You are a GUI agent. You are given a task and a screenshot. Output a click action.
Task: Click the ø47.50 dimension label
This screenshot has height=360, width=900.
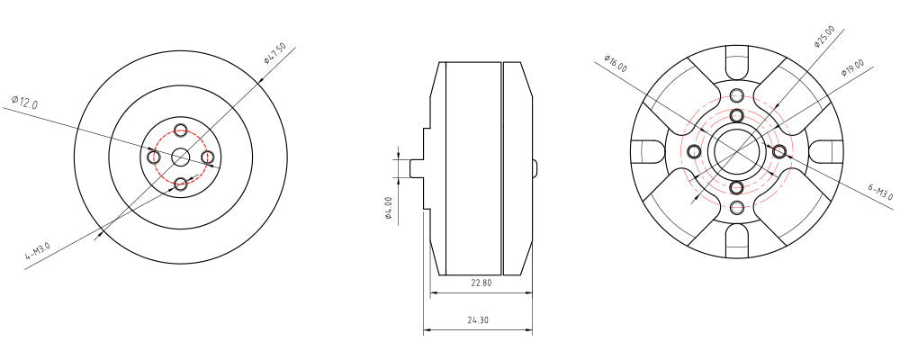(274, 53)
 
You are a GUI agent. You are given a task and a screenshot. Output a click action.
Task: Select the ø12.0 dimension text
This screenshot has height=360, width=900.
(24, 103)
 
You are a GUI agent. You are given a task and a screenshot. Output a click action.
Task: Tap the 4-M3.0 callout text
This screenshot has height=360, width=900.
(37, 251)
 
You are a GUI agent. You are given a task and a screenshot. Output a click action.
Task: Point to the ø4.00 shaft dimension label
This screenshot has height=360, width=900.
(389, 209)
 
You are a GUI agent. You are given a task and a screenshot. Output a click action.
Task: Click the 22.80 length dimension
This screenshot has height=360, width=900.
(481, 283)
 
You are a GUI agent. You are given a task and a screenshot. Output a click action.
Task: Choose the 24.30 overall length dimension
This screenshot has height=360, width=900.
(478, 320)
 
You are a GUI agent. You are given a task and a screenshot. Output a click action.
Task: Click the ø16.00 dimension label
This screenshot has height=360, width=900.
(616, 63)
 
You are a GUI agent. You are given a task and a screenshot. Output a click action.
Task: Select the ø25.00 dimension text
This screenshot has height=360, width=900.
(824, 37)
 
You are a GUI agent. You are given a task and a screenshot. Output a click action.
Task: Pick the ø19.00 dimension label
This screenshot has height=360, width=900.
(853, 67)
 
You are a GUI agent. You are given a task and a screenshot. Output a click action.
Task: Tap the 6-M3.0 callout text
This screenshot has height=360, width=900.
(881, 193)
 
